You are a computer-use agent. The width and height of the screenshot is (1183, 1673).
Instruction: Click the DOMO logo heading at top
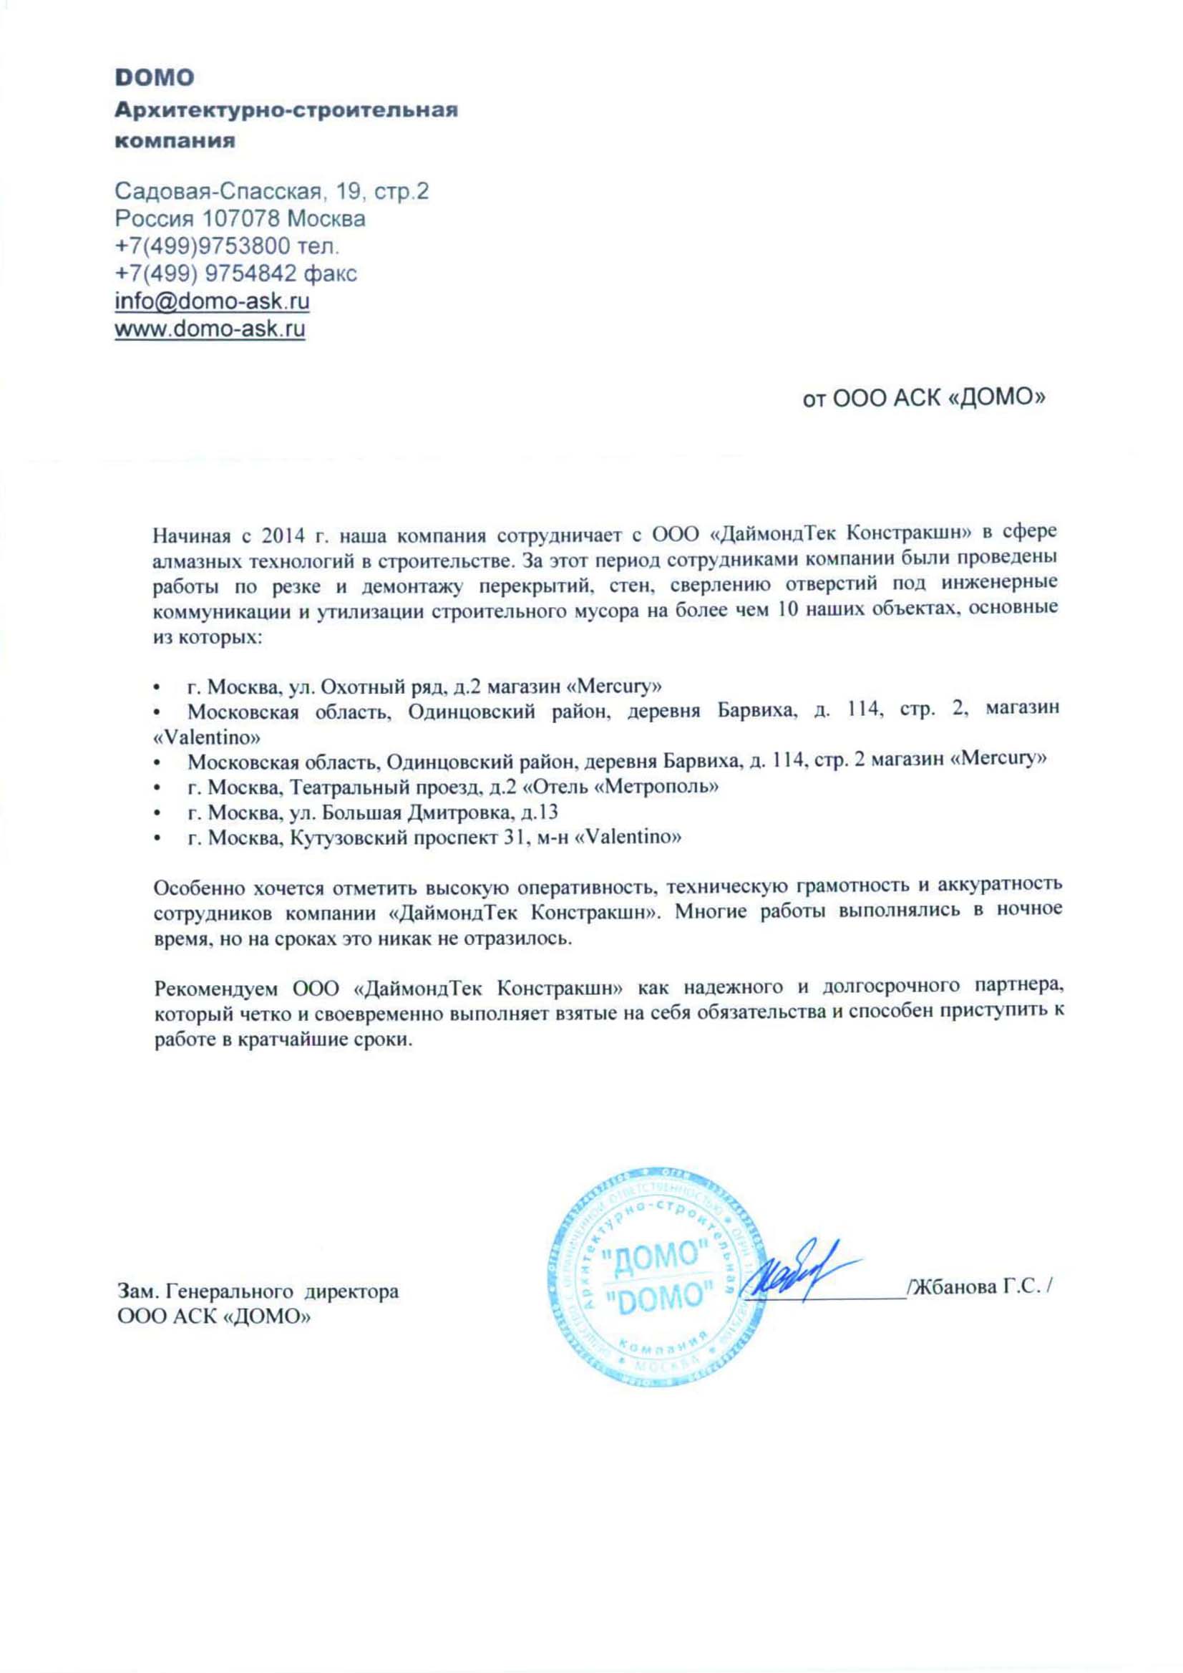[155, 77]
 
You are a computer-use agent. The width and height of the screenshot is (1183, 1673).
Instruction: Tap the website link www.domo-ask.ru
[210, 328]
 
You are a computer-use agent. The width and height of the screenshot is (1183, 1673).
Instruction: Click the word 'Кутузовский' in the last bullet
[346, 838]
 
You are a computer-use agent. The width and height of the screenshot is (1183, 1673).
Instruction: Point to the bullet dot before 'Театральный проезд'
[156, 787]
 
